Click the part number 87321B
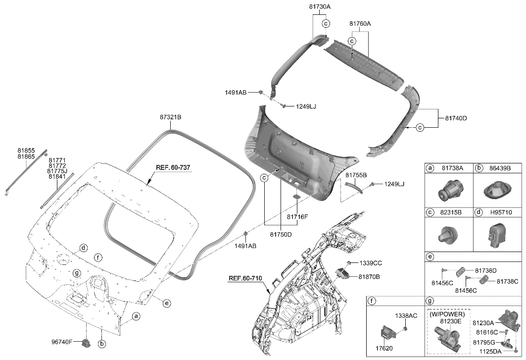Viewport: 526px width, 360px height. (170, 117)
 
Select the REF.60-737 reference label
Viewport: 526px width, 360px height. (173, 168)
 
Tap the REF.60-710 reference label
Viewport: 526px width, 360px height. (244, 278)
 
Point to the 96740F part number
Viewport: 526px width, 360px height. (63, 342)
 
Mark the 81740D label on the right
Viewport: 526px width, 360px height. (455, 118)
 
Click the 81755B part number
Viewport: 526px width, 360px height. (356, 176)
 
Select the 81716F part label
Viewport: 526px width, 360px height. (297, 216)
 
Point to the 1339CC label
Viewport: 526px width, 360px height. (371, 262)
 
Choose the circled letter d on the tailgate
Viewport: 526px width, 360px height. (83, 248)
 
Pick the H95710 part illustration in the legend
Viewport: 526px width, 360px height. (496, 235)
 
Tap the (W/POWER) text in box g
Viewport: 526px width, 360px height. (447, 314)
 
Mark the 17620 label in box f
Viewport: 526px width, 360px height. (384, 349)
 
